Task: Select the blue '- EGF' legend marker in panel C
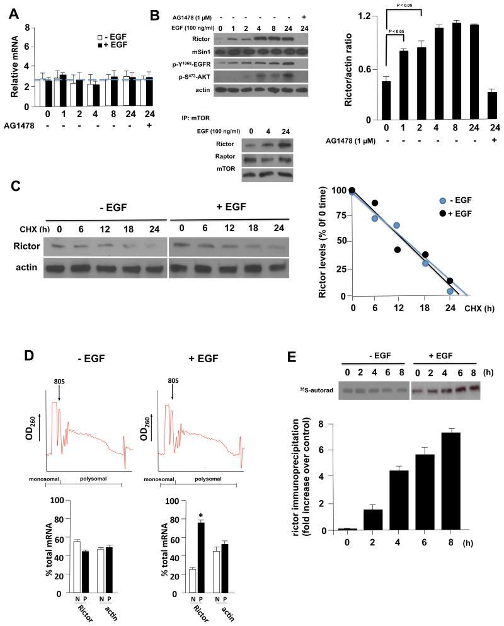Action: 443,200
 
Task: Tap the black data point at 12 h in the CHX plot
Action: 398,250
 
